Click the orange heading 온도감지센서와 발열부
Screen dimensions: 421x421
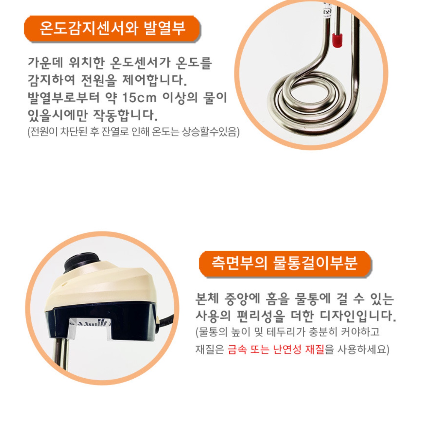112,29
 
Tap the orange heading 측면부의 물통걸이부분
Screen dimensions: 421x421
285,263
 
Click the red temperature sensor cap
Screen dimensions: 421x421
337,40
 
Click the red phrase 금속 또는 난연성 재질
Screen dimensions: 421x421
276,349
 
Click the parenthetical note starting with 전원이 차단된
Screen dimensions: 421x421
133,132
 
